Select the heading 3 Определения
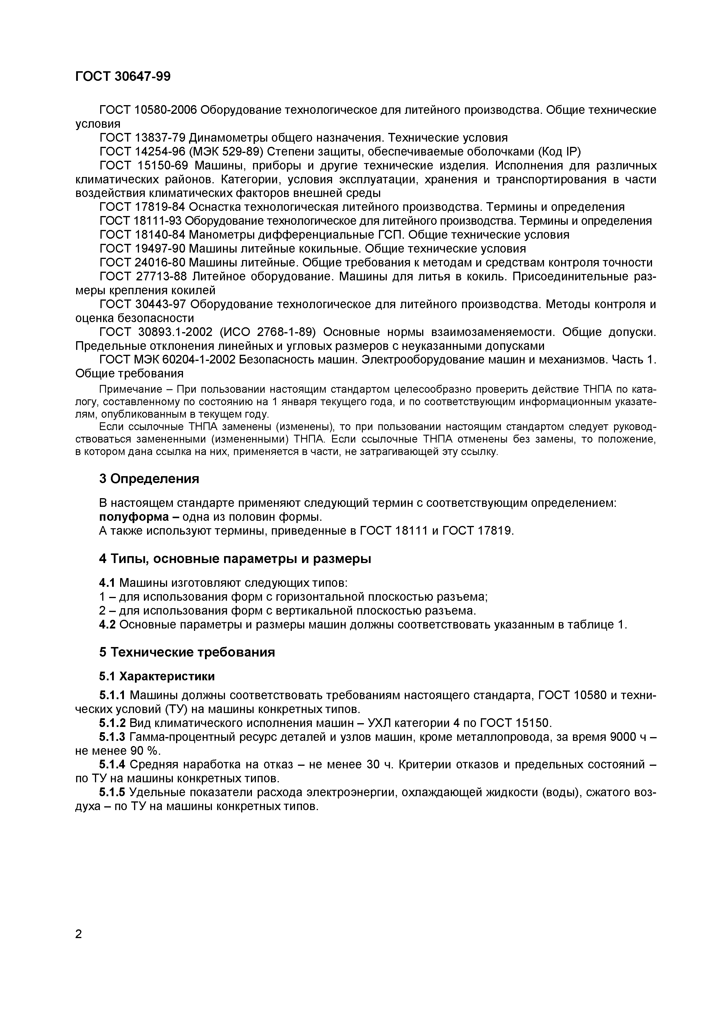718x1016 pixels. (149, 479)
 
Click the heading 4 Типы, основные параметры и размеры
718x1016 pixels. (235, 559)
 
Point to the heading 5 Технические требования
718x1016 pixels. (187, 652)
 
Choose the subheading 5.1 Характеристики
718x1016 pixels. (157, 677)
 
